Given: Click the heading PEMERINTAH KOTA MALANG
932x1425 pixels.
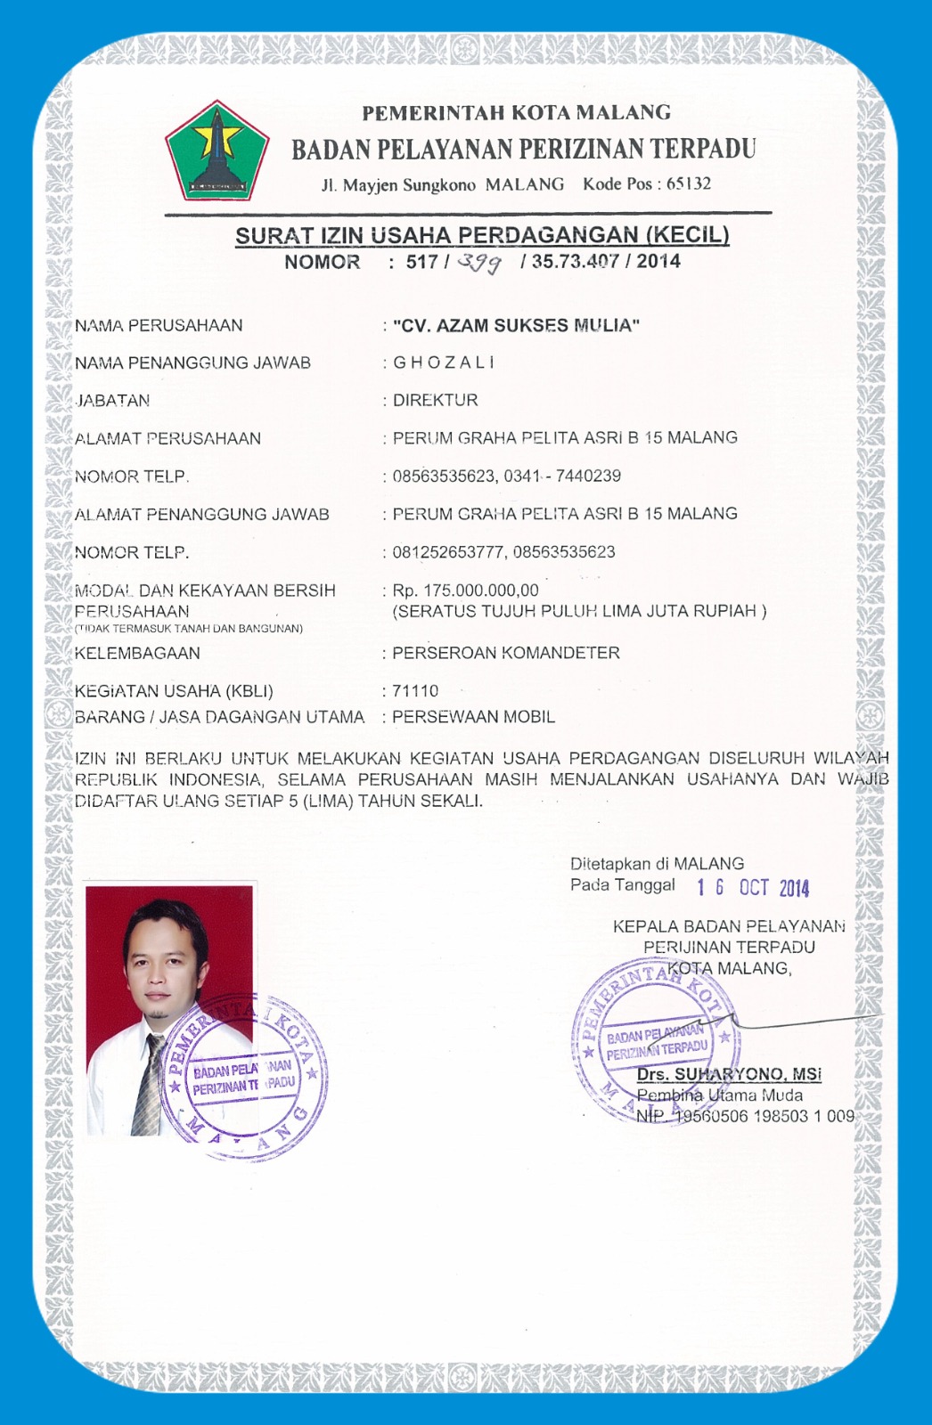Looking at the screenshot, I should click(516, 113).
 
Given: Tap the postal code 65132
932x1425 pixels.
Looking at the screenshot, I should click(689, 184).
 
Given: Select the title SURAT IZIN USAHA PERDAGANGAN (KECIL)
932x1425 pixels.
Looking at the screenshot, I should click(482, 235).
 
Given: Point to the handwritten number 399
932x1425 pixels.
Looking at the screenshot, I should click(479, 262).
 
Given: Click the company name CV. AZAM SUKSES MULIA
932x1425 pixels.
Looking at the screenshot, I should click(516, 325).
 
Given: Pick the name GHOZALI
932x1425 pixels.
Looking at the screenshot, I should click(443, 362).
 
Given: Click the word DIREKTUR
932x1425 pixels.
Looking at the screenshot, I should click(435, 400).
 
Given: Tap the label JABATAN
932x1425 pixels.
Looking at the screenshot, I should click(112, 401).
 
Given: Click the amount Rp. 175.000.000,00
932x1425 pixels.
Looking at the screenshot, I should click(465, 590).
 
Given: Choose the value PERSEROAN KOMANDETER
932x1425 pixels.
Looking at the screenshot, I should click(505, 653).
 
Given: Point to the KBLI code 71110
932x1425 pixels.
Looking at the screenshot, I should click(415, 691).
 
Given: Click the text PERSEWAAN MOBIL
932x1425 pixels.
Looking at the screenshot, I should click(473, 717).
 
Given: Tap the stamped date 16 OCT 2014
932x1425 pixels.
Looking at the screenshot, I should click(753, 887).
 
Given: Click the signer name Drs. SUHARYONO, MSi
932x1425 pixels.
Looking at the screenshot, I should click(729, 1074).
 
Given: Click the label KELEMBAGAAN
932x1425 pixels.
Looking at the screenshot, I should click(137, 653).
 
